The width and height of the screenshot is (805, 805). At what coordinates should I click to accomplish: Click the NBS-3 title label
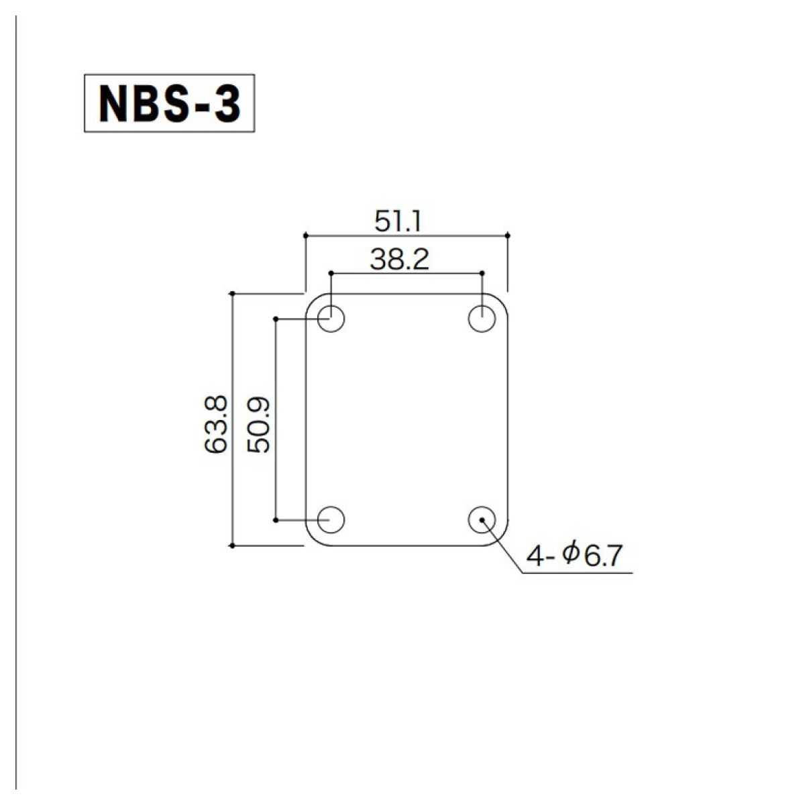tap(169, 103)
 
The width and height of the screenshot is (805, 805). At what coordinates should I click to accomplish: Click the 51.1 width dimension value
tap(397, 222)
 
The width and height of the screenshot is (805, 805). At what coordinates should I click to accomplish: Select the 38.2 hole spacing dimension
tap(399, 260)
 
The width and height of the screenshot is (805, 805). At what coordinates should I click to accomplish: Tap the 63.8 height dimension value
tap(216, 424)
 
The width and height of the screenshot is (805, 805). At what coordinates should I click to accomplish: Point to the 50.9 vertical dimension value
tap(258, 425)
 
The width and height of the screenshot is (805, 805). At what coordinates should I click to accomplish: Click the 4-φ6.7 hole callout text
tap(574, 556)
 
